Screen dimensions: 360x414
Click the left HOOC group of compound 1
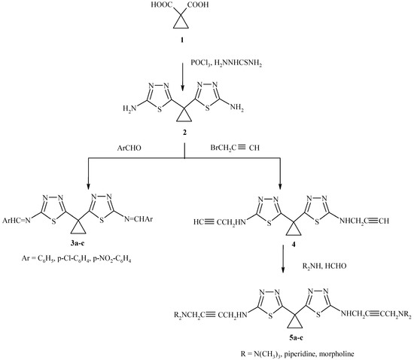click(183, 8)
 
